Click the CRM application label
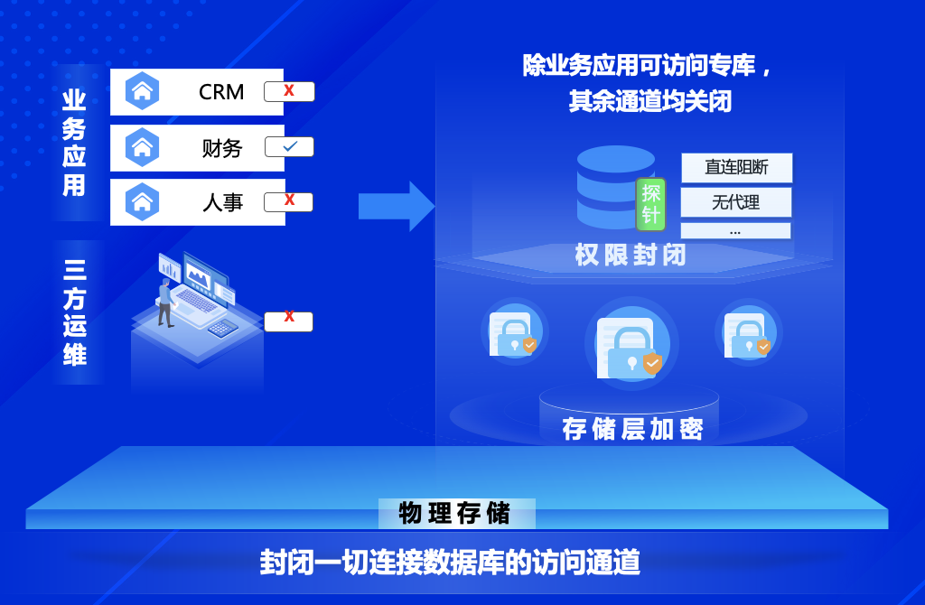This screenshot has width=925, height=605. pos(221,92)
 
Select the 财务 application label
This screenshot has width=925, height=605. pos(222,148)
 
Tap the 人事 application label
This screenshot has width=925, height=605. pos(222,202)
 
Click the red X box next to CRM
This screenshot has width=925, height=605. pos(289,91)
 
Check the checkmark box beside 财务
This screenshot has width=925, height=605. pos(289,147)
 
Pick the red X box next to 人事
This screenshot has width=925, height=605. pos(289,201)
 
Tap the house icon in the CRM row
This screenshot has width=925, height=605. pos(142,91)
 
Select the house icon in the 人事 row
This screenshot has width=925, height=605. pos(142,201)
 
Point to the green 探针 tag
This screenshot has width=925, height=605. pos(650,202)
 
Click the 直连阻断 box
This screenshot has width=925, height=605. pos(736,168)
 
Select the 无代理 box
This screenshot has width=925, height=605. pos(735,202)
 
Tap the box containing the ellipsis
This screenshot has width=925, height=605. pos(735,231)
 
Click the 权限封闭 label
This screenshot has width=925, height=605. pos(631,256)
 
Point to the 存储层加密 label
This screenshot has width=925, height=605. pos(632,429)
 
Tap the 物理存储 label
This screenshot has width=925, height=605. pos(456,514)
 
